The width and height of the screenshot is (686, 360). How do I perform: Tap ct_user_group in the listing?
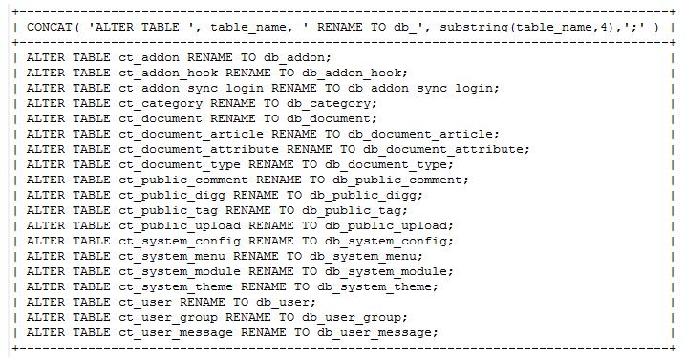point(167,317)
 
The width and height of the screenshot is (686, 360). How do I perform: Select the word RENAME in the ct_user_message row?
point(263,332)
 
